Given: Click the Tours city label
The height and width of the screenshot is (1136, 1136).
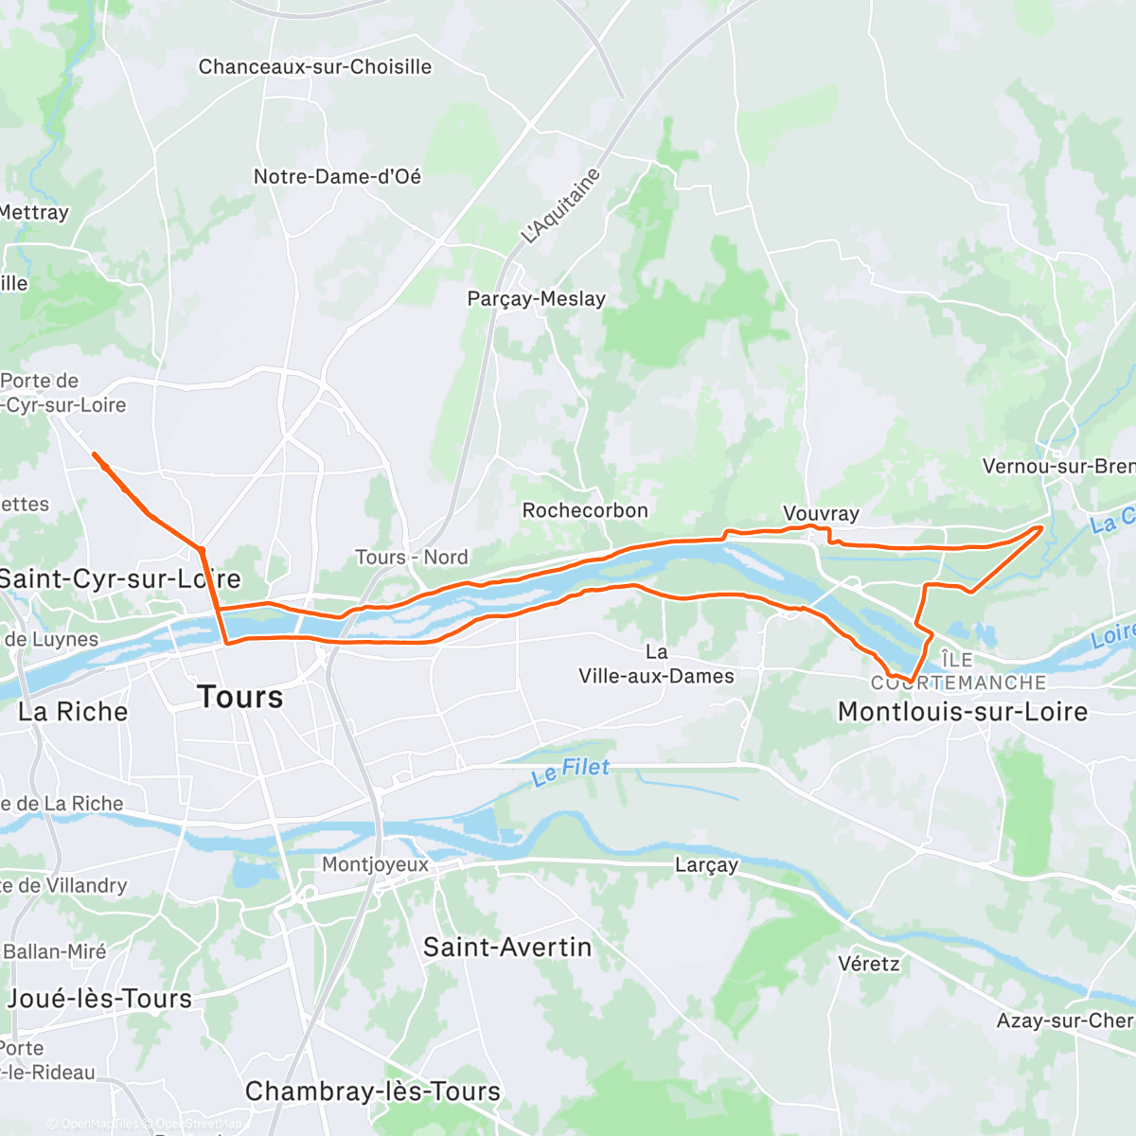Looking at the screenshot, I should click(x=240, y=698).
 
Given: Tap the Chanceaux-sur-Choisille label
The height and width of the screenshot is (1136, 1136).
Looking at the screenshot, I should click(x=314, y=67).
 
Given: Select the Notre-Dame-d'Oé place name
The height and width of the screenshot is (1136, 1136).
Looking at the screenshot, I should click(x=337, y=177).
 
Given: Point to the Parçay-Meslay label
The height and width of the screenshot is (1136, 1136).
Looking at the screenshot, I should click(x=536, y=299).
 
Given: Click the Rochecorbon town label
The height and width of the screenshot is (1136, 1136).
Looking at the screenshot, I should click(x=585, y=510).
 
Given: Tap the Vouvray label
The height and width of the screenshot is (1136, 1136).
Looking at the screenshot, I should click(x=821, y=513).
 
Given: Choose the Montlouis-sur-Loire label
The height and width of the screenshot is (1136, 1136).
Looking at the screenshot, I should click(x=963, y=712).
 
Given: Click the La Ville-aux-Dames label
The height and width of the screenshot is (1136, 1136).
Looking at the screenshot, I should click(x=656, y=665).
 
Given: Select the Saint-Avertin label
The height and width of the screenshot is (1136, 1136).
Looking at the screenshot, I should click(x=507, y=947).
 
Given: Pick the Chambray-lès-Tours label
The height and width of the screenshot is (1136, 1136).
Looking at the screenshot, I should click(x=372, y=1092).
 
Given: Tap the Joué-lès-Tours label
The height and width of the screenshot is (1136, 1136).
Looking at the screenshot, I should click(x=99, y=999).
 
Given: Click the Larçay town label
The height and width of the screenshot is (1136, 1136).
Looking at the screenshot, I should click(x=706, y=865).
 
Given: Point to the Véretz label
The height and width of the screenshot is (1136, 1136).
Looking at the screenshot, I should click(x=868, y=964).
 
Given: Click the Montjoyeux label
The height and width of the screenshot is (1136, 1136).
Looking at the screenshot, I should click(x=375, y=864).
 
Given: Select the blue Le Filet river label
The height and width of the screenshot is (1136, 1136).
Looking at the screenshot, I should click(x=571, y=771).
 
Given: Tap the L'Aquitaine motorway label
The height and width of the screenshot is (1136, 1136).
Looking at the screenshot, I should click(x=560, y=206).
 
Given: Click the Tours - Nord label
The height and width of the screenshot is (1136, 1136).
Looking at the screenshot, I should click(x=411, y=558).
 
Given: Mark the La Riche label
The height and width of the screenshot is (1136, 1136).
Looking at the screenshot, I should click(x=73, y=712).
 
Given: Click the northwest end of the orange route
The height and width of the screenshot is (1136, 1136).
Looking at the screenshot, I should click(x=94, y=454).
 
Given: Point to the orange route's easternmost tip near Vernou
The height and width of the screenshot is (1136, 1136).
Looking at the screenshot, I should click(x=1042, y=528).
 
